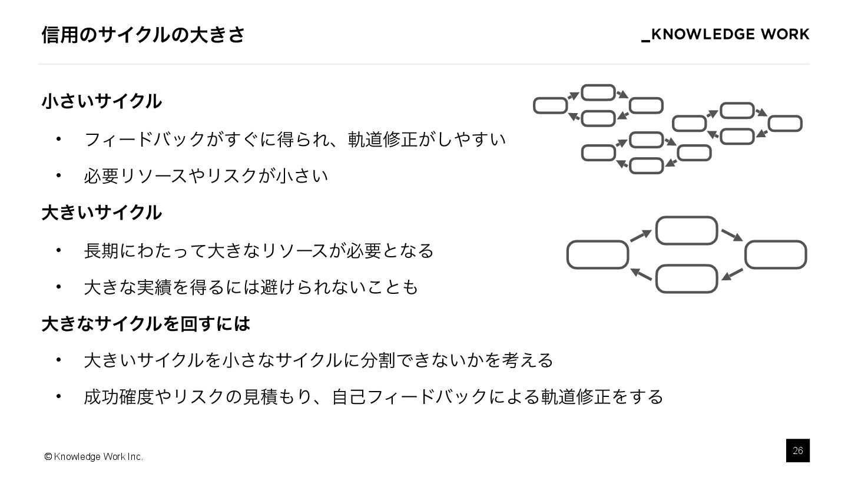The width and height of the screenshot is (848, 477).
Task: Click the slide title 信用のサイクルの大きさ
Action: pyautogui.click(x=143, y=35)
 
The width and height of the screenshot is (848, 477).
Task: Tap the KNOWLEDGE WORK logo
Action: pyautogui.click(x=725, y=35)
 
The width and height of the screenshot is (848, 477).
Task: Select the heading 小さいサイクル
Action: pyautogui.click(x=101, y=101)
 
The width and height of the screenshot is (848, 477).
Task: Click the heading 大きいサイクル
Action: pyautogui.click(x=101, y=213)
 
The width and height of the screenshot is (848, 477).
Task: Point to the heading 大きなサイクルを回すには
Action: pyautogui.click(x=146, y=323)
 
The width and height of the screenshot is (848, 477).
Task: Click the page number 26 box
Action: pyautogui.click(x=797, y=450)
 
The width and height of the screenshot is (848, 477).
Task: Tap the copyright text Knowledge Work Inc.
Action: pyautogui.click(x=94, y=457)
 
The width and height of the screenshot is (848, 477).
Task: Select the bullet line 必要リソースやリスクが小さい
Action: pyautogui.click(x=206, y=175)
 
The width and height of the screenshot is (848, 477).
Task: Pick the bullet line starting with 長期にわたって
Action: pyautogui.click(x=259, y=250)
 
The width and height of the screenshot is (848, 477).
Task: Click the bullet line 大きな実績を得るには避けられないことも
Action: pyautogui.click(x=251, y=287)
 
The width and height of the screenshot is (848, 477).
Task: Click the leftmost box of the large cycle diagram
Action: pyautogui.click(x=597, y=254)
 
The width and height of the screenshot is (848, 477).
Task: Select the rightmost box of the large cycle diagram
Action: pyautogui.click(x=776, y=254)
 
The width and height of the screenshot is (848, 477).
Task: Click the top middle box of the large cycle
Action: pyautogui.click(x=686, y=230)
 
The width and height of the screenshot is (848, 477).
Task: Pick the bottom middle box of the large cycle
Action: pyautogui.click(x=686, y=279)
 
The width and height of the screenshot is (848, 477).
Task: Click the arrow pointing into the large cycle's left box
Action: pyautogui.click(x=641, y=274)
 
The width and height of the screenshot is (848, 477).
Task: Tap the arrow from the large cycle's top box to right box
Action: pyautogui.click(x=732, y=234)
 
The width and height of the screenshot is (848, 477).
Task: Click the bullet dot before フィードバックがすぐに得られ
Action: pyautogui.click(x=58, y=139)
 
